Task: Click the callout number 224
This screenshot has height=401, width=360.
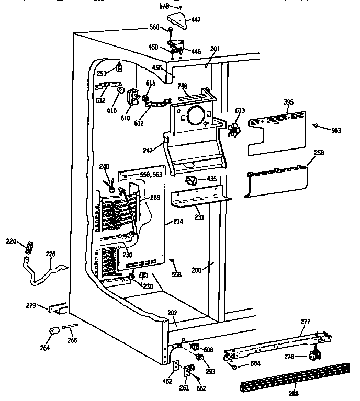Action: (11, 241)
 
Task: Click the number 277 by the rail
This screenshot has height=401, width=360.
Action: (305, 323)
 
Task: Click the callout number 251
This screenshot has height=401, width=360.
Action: (101, 74)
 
